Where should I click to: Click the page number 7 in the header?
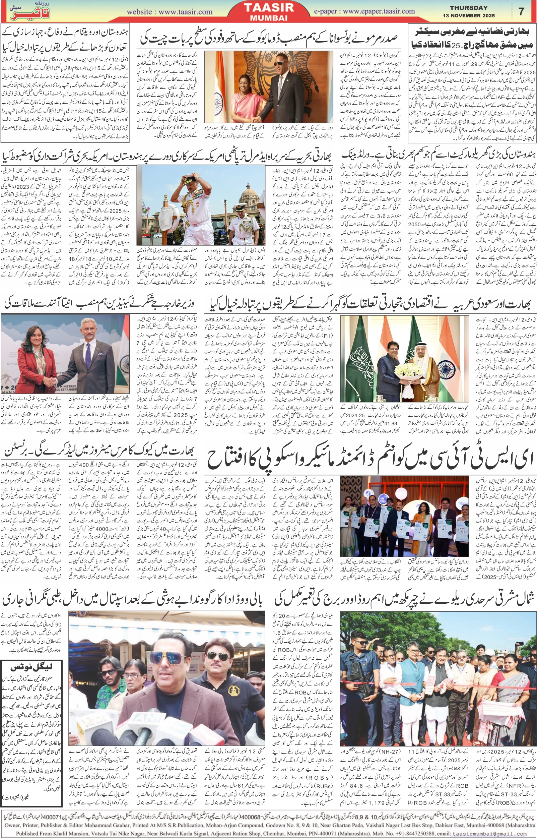(x=521, y=11)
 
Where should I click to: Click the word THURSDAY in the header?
(x=468, y=8)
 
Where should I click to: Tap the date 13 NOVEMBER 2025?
(x=469, y=16)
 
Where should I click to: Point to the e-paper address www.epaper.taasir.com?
(x=379, y=11)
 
